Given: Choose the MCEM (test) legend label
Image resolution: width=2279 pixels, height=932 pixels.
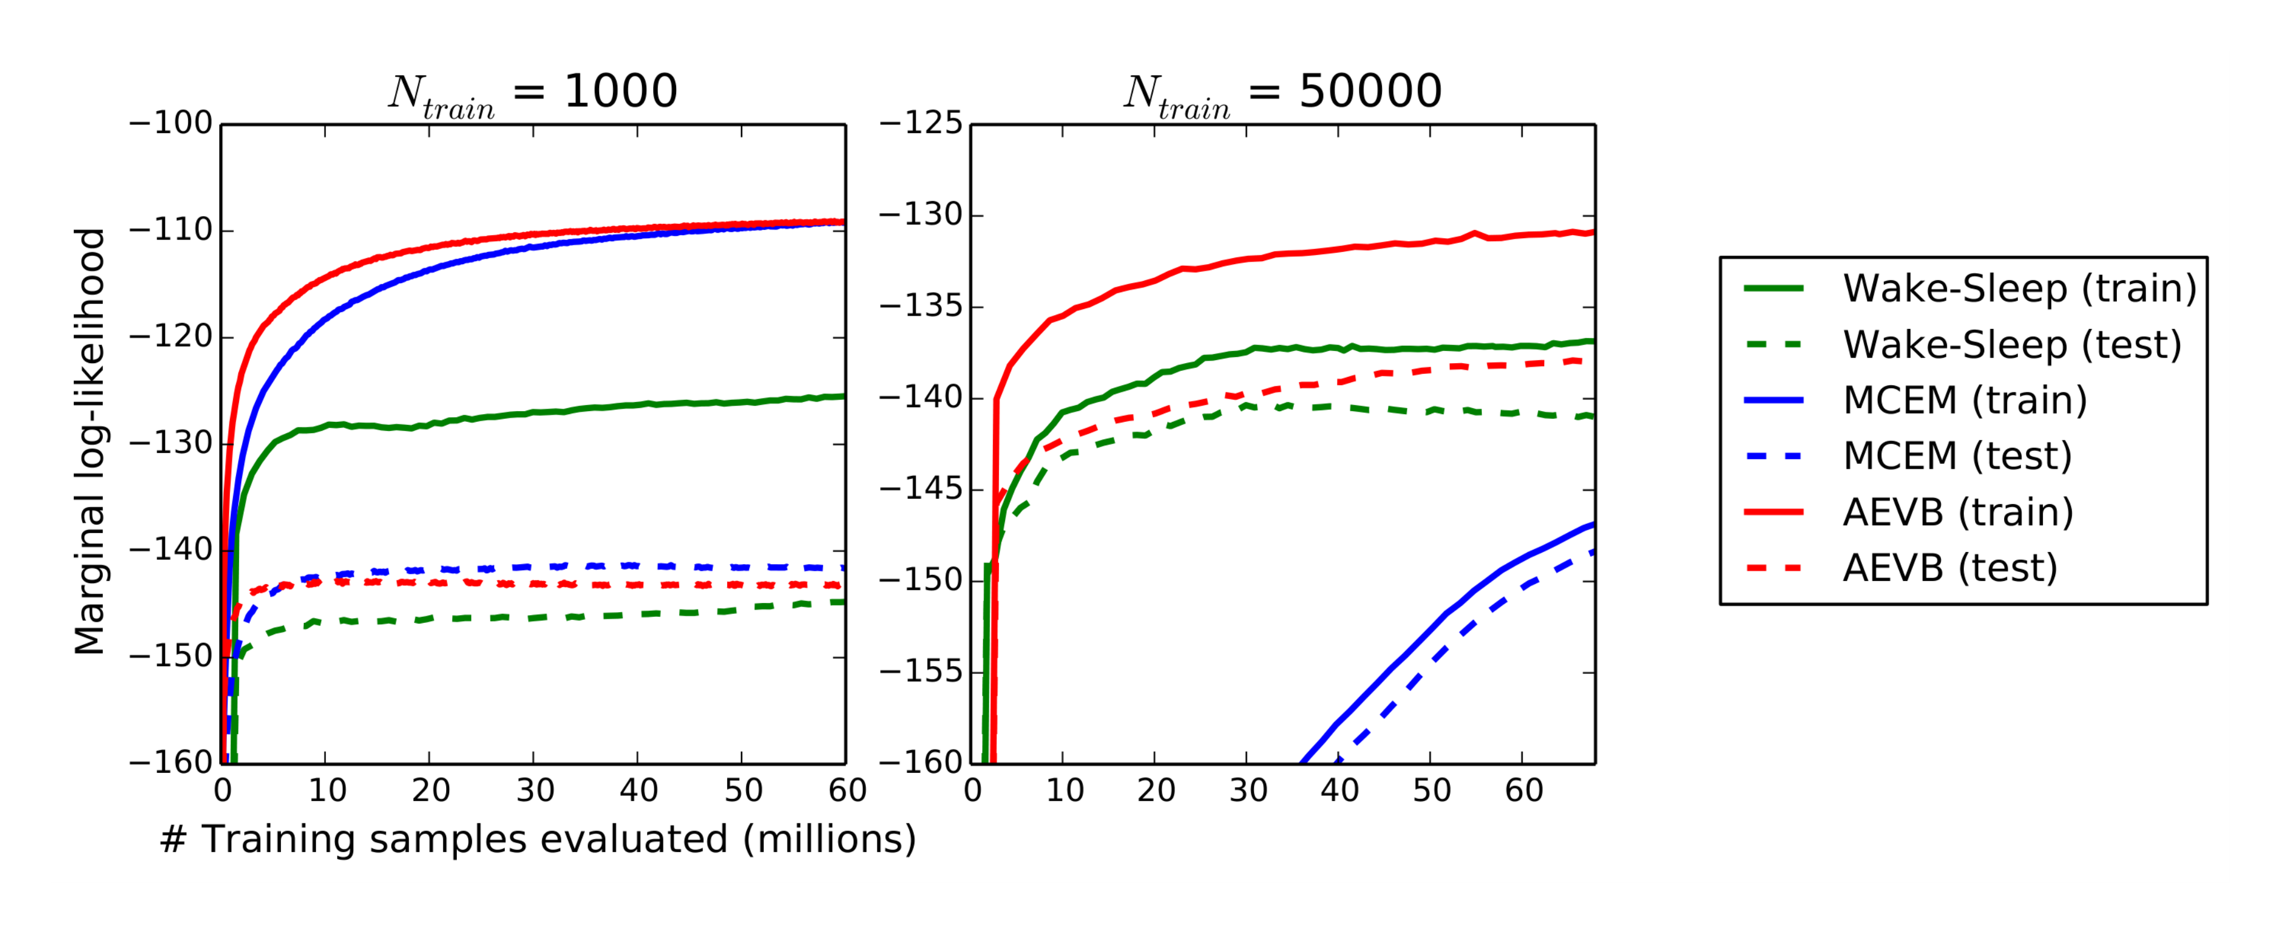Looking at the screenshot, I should coord(1957,456).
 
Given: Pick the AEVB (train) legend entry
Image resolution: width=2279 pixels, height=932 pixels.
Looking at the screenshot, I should coord(1958,512).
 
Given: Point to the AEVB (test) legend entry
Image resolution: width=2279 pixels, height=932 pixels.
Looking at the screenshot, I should coord(1950,568).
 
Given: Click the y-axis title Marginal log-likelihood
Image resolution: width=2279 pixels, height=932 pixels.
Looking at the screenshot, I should coord(90,442).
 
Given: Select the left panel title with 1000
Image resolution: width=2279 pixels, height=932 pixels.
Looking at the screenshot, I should coord(533,92).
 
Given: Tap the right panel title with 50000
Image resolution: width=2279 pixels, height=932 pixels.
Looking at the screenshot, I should coord(1283,92).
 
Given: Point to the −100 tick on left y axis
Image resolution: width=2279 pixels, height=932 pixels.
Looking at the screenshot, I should coord(172,124).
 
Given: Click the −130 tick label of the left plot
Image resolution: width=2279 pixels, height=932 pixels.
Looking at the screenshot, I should coord(172,443).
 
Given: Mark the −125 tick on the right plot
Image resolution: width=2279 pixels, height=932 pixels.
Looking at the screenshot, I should coord(920,124).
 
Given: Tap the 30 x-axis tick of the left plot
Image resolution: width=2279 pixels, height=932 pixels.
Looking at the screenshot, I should coord(534,790).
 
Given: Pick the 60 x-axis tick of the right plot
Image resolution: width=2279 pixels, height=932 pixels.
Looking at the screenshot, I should coord(1524,790).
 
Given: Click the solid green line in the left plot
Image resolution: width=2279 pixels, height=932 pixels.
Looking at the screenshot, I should coord(531,413).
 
